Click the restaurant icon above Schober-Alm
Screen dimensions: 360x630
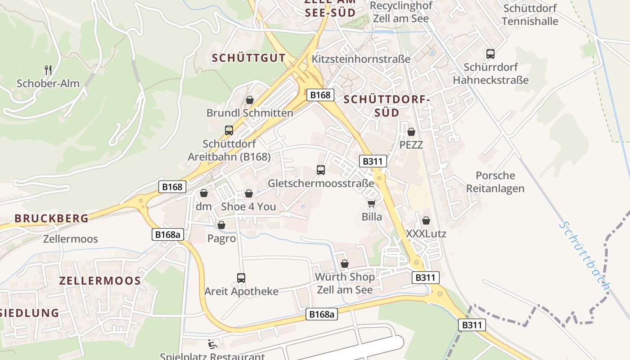pyautogui.click(x=49, y=70)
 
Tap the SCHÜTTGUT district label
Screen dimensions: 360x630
pyautogui.click(x=248, y=58)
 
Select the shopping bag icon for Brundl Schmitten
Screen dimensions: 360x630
pyautogui.click(x=250, y=100)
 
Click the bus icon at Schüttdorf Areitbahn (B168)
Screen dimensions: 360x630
pyautogui.click(x=229, y=130)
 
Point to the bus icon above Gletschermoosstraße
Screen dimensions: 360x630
pyautogui.click(x=321, y=170)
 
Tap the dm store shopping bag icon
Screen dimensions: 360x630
pyautogui.click(x=204, y=193)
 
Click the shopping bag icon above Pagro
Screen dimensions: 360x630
pyautogui.click(x=221, y=225)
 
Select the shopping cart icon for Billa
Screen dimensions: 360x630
pyautogui.click(x=372, y=204)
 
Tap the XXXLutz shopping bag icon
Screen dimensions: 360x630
pyautogui.click(x=426, y=220)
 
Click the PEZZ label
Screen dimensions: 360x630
pyautogui.click(x=411, y=145)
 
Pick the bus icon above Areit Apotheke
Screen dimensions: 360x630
pyautogui.click(x=241, y=278)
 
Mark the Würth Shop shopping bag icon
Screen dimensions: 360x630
pyautogui.click(x=345, y=263)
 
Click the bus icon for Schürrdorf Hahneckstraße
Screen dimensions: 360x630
pyautogui.click(x=490, y=54)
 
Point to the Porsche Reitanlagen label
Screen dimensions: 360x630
pyautogui.click(x=495, y=182)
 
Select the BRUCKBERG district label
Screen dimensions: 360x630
pyautogui.click(x=51, y=218)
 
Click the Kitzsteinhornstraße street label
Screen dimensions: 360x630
pyautogui.click(x=361, y=59)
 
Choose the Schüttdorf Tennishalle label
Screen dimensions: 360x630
pyautogui.click(x=530, y=15)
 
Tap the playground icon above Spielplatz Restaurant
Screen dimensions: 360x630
pyautogui.click(x=211, y=344)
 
